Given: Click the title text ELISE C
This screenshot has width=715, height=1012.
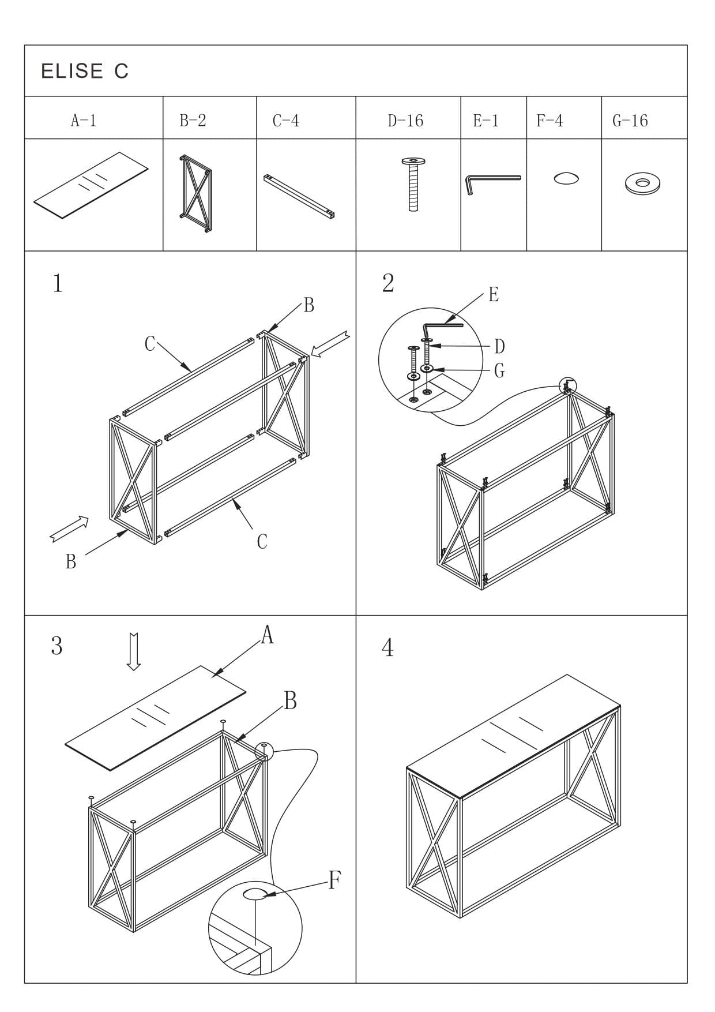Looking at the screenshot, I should (85, 71).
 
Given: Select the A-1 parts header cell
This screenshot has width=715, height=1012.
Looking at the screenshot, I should (84, 121).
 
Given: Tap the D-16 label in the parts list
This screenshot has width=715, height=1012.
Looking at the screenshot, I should (405, 121).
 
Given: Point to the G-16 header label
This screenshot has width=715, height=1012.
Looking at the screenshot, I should (630, 121).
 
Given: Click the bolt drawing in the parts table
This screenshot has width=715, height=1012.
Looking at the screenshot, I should (413, 184).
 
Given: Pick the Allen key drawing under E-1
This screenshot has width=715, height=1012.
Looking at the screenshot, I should (492, 184).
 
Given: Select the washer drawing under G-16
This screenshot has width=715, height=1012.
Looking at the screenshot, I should (642, 184).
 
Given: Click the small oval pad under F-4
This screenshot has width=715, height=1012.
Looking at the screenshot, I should (566, 178).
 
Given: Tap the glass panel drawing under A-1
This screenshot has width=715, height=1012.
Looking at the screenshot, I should (91, 185).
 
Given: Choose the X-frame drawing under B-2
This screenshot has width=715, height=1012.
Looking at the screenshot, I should (195, 193).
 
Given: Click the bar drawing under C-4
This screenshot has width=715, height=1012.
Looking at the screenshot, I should (300, 197).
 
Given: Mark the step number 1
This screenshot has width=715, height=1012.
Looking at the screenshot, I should (58, 284).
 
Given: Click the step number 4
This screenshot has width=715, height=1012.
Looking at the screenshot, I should (387, 648).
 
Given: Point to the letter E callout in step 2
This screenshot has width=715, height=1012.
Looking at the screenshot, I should (493, 295).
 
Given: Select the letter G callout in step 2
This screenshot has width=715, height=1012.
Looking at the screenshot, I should (499, 370).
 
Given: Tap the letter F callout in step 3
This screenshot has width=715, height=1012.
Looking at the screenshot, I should (334, 880).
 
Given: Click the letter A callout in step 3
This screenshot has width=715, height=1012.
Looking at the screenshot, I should (267, 636).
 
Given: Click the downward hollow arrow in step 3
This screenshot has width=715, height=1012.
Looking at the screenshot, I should (134, 651).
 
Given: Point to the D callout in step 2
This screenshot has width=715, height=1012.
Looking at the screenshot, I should (499, 347).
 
